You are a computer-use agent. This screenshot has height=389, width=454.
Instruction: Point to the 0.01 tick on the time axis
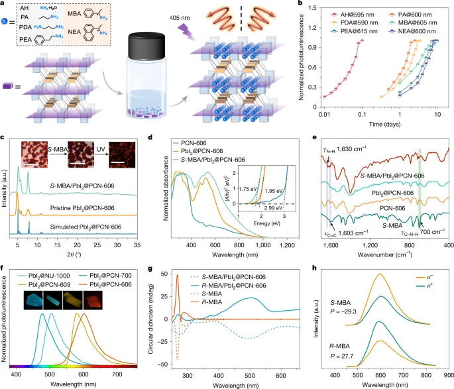(324, 115)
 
